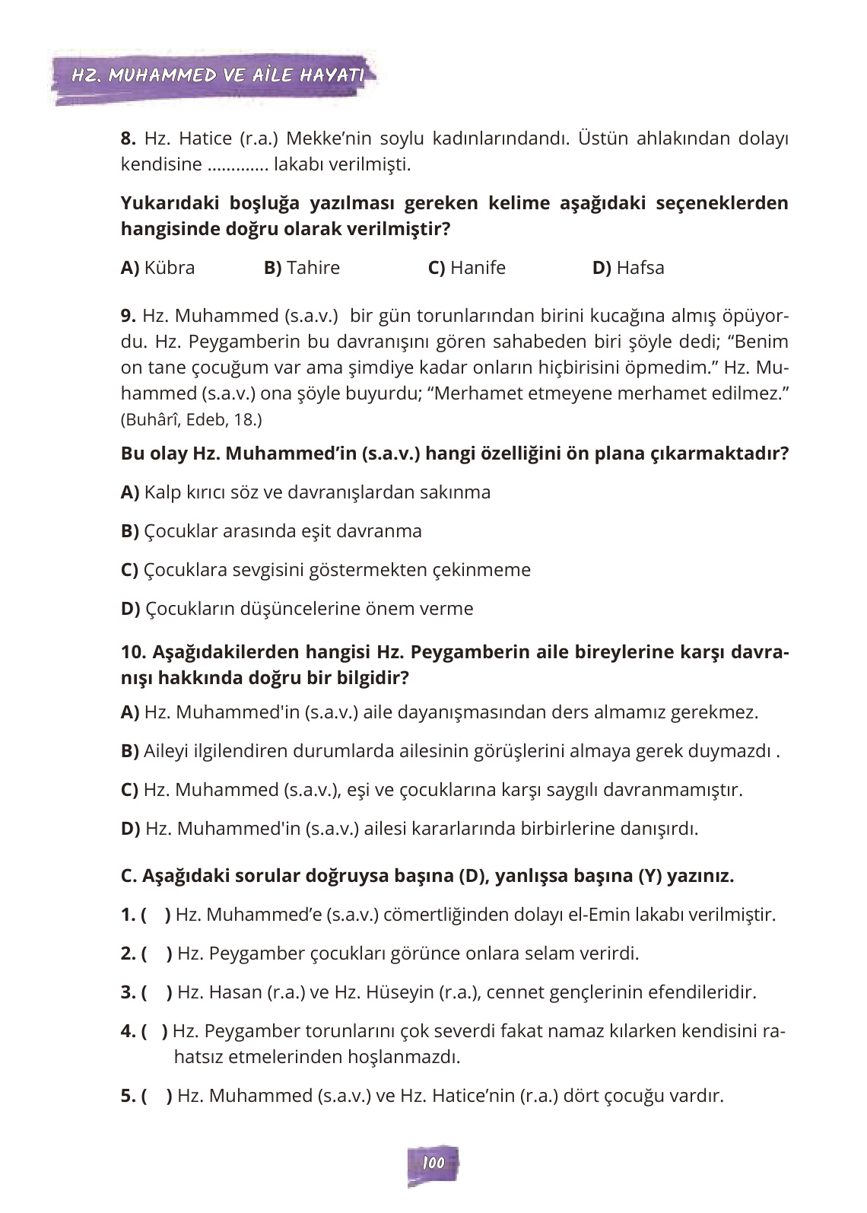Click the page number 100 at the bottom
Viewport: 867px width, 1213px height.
coord(433,1163)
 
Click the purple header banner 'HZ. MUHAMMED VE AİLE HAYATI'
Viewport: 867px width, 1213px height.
coord(216,75)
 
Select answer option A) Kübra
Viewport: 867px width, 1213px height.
coord(157,268)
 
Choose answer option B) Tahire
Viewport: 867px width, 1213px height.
coord(301,268)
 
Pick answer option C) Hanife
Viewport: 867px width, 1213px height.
coord(466,268)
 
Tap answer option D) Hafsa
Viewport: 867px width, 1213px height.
coord(627,268)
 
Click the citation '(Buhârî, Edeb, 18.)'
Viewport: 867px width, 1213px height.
coord(191,419)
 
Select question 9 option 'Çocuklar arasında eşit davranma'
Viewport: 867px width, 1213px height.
coord(272,531)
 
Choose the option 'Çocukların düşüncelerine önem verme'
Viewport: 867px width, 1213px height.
coord(297,609)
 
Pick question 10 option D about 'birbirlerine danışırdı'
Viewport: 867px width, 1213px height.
coord(409,829)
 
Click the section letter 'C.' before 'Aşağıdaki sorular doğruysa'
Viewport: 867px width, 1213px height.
coord(129,876)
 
